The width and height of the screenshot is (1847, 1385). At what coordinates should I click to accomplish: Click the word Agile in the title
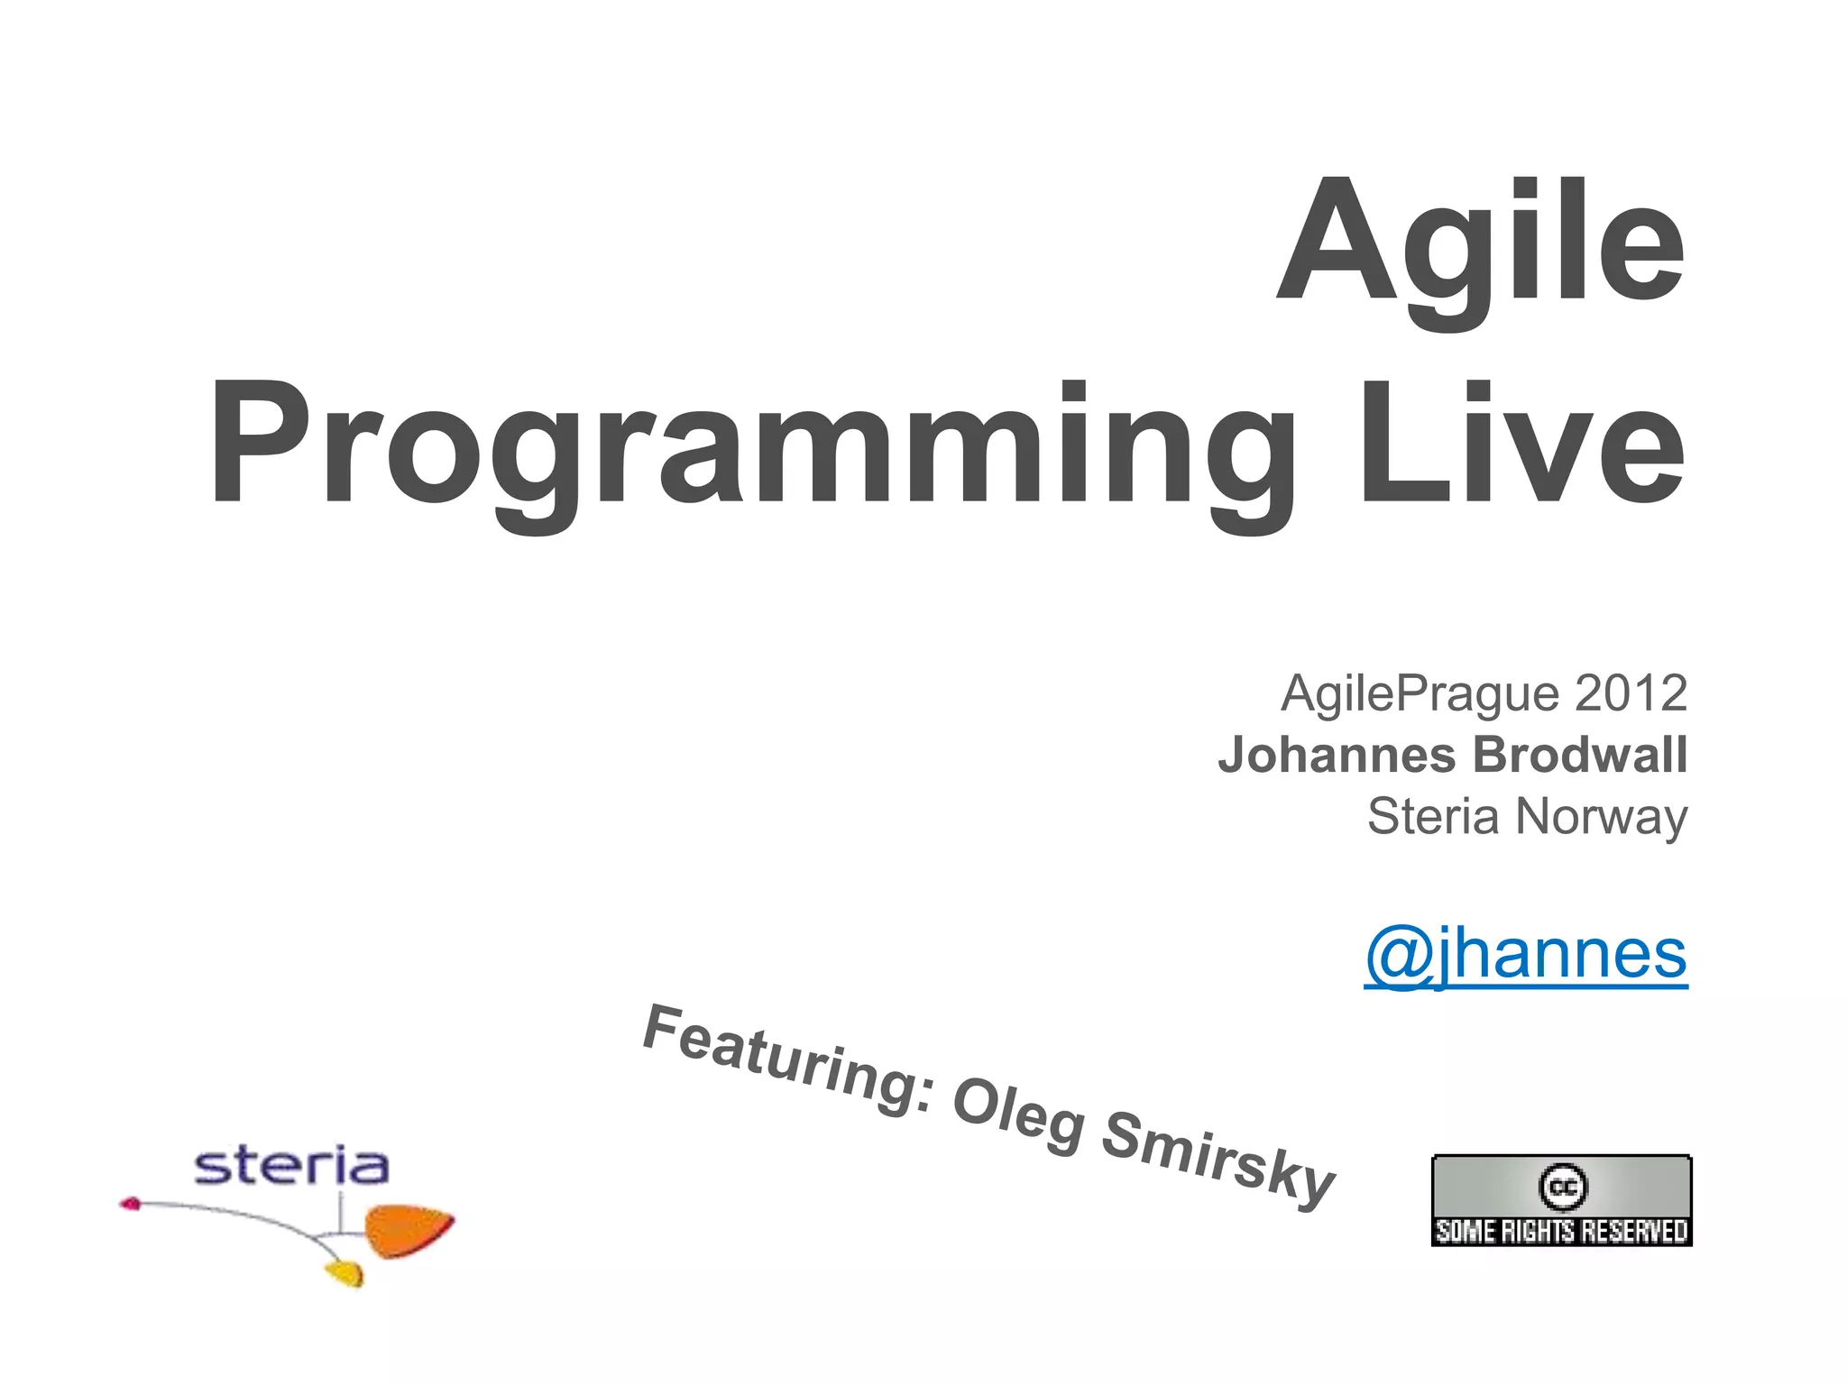(1479, 242)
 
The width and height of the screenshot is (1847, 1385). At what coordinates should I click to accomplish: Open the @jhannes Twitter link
(1525, 955)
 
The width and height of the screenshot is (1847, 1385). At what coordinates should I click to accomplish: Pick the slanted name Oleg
(1019, 1119)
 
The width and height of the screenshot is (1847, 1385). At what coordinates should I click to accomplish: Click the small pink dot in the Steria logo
(131, 1203)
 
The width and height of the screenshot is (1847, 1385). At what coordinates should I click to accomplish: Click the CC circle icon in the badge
(1562, 1187)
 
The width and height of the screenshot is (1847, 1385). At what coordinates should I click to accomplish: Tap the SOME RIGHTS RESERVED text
(1561, 1232)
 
